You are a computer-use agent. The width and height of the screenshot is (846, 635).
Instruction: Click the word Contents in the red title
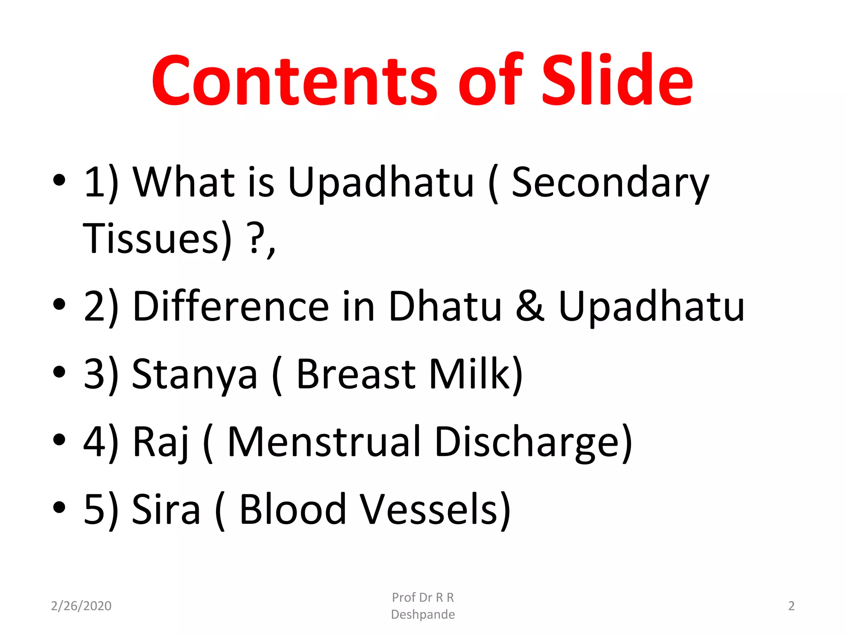pyautogui.click(x=294, y=81)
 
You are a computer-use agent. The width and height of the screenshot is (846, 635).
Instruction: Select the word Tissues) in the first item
pyautogui.click(x=157, y=239)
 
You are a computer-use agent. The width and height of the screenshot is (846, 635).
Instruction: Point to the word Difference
pyautogui.click(x=231, y=307)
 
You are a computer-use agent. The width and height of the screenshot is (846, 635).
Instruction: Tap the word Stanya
pyautogui.click(x=194, y=374)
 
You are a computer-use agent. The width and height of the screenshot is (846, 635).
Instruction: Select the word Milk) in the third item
pyautogui.click(x=475, y=374)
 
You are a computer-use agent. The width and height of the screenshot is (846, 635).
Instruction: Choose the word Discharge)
pyautogui.click(x=533, y=442)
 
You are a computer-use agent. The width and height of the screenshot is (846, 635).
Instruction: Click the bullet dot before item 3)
pyautogui.click(x=59, y=372)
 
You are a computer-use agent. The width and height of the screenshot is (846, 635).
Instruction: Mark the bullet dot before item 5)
pyautogui.click(x=59, y=506)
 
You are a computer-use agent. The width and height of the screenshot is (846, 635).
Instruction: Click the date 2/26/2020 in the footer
pyautogui.click(x=81, y=606)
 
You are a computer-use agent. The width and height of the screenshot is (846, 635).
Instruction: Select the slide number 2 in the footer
pyautogui.click(x=791, y=606)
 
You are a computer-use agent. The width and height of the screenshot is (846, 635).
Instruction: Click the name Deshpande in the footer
pyautogui.click(x=423, y=614)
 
